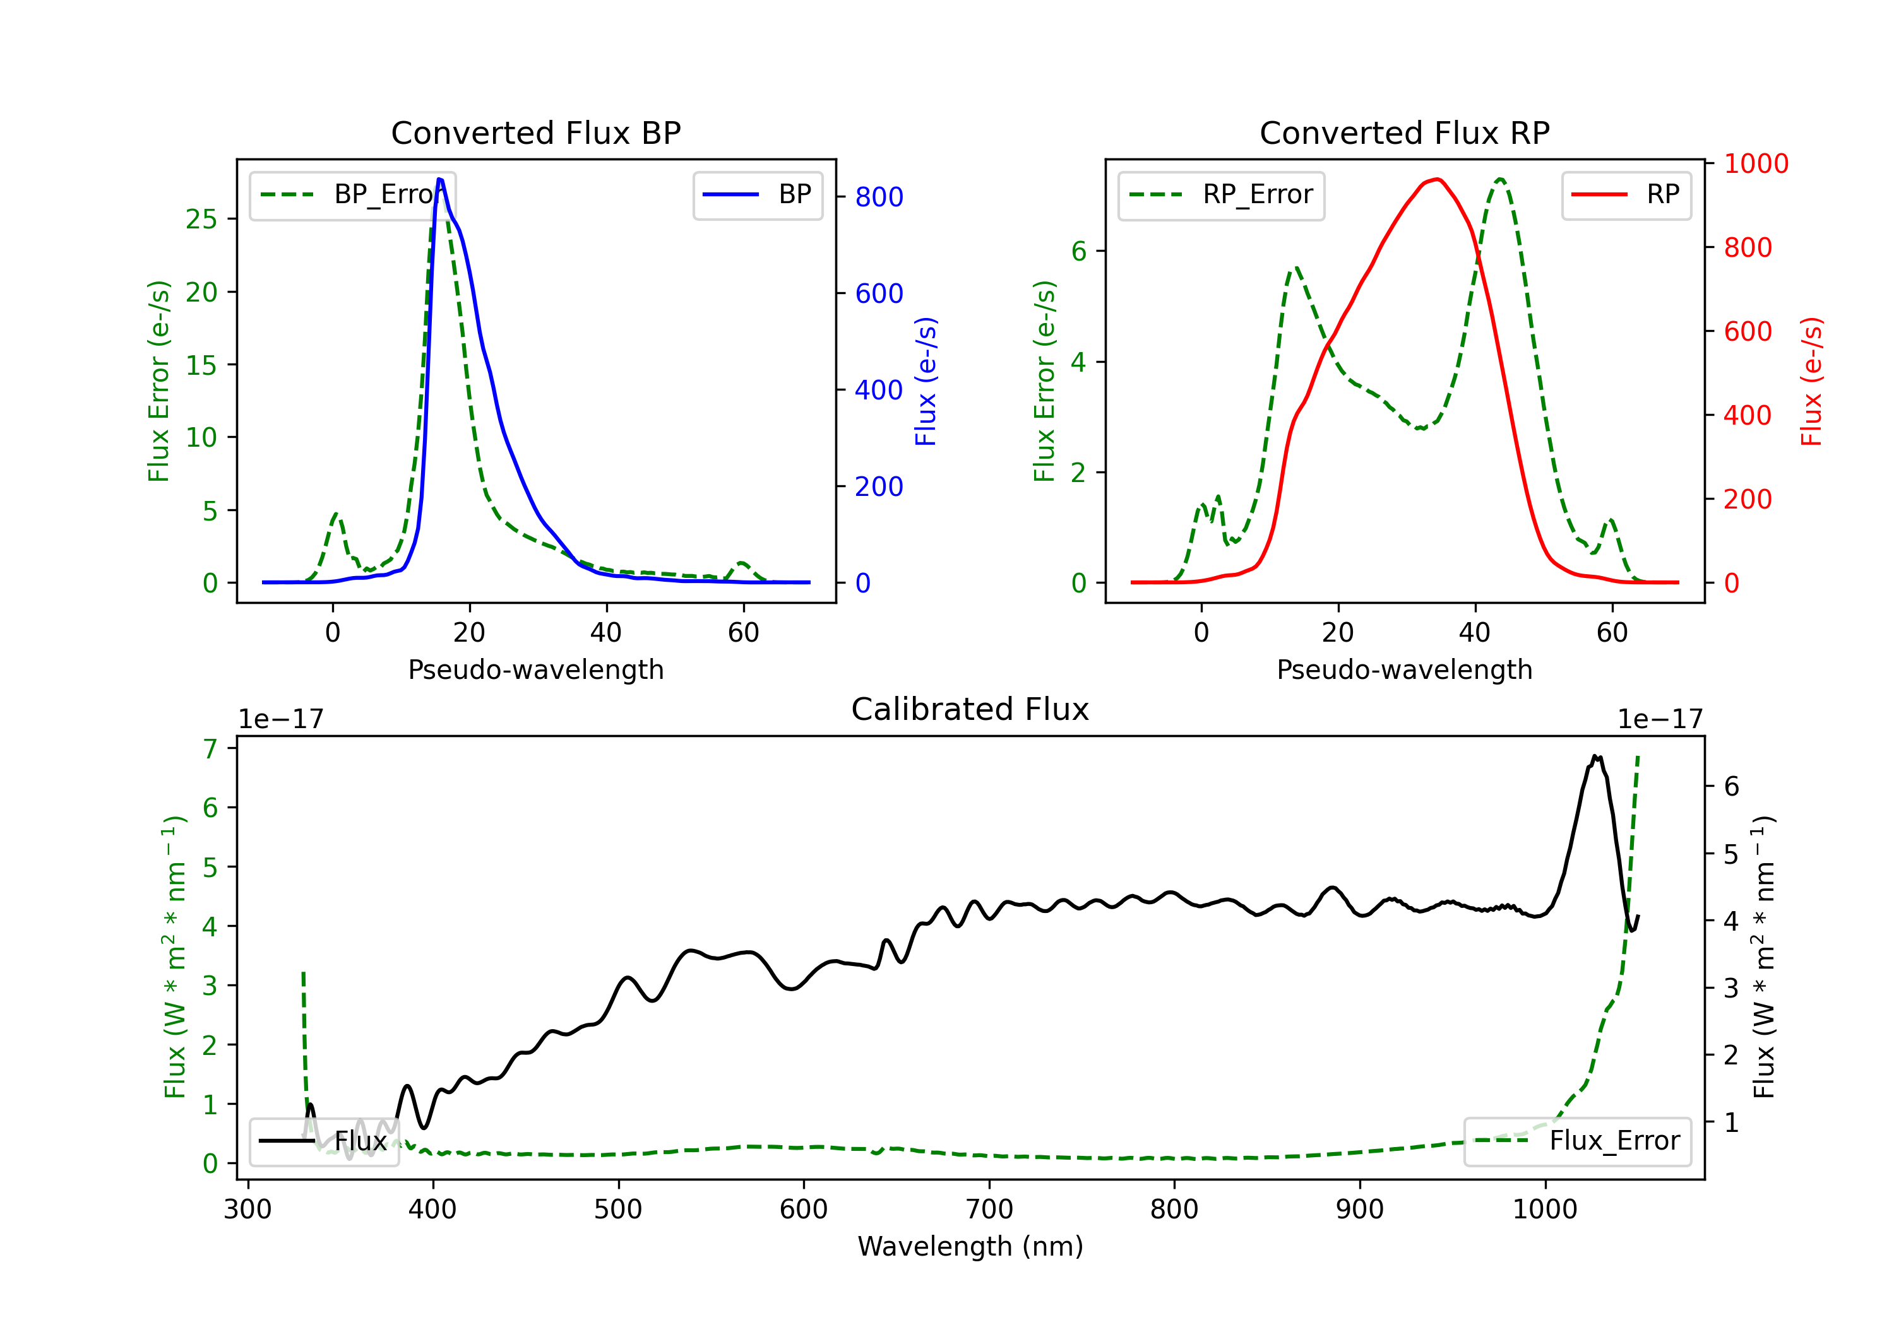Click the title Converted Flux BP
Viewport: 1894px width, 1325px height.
535,132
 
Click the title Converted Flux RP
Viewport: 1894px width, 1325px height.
1404,132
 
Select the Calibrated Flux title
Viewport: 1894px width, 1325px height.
970,709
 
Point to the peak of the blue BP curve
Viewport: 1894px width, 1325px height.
439,179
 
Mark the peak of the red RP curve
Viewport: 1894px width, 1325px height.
1437,179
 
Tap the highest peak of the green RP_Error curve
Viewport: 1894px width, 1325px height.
1501,179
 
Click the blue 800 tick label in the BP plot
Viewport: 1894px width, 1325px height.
879,197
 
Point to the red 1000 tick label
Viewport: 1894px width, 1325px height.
1756,164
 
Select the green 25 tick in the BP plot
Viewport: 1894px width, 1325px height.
201,220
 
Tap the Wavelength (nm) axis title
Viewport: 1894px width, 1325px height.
970,1246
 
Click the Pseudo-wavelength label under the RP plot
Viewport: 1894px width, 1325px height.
1404,669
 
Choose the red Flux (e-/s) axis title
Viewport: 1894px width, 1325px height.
1811,382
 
